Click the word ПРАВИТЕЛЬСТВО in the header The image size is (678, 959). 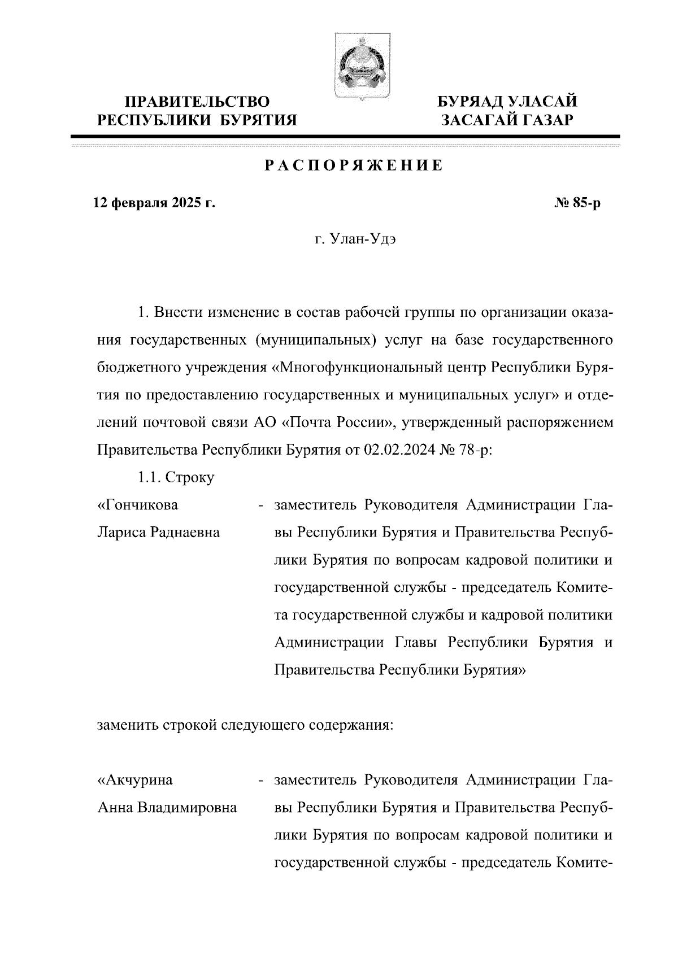tap(197, 102)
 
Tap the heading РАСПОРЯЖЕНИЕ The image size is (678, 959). tap(354, 166)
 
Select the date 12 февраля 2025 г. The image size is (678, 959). tap(154, 203)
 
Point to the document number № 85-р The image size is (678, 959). tap(578, 203)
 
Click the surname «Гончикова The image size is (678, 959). tap(138, 505)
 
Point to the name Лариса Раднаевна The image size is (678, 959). tap(159, 532)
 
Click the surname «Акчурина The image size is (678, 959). tap(136, 781)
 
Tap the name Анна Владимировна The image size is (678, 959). tap(167, 808)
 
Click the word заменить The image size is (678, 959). tap(128, 725)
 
